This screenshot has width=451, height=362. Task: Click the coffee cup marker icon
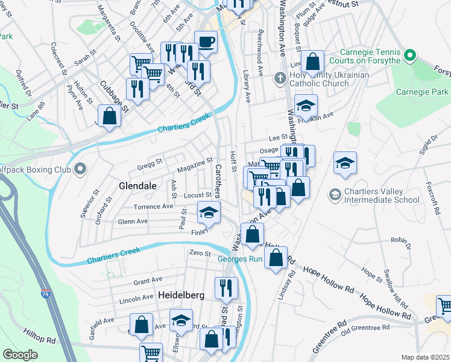[x=206, y=42]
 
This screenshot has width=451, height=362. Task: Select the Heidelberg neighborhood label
[x=181, y=295]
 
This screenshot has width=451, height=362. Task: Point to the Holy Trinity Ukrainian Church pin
[x=279, y=78]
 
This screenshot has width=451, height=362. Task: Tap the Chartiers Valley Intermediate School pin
[x=335, y=195]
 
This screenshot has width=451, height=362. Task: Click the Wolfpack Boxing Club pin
[x=79, y=170]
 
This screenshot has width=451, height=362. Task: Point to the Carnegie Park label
[x=422, y=92]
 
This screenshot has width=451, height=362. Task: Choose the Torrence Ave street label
[x=153, y=206]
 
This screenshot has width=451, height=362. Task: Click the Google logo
[x=20, y=355]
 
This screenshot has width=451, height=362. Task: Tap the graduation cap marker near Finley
[x=209, y=212]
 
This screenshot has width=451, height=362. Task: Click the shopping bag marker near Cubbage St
[x=109, y=115]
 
